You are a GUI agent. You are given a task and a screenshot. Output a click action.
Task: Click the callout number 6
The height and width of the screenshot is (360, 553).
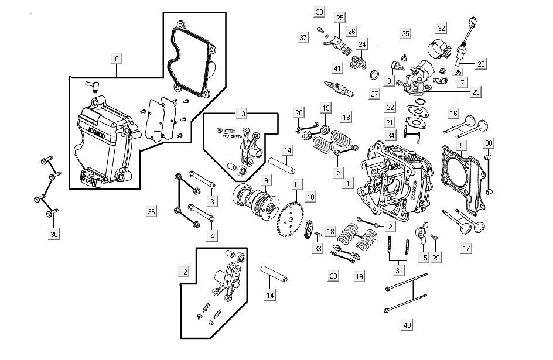point(116,59)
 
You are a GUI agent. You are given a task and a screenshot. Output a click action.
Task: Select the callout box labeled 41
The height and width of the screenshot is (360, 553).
point(337,69)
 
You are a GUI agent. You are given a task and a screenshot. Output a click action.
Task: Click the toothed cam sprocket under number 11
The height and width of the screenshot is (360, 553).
point(290,217)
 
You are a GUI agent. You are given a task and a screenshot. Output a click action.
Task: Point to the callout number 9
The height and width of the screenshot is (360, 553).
point(266,180)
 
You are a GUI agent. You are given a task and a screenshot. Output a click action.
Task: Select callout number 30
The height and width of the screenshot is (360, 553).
point(54,234)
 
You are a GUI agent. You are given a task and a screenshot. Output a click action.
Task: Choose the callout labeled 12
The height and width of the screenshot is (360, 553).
point(184,271)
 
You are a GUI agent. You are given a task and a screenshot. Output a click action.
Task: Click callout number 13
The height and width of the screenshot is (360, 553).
point(242,112)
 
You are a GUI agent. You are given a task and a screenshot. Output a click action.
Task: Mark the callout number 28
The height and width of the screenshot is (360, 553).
point(481,64)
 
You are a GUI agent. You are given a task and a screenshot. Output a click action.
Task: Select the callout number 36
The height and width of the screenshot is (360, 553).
point(151,211)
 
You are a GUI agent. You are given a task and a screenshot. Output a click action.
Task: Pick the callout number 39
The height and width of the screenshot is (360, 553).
point(319,12)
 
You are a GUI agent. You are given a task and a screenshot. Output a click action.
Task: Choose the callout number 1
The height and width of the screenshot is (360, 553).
point(347,183)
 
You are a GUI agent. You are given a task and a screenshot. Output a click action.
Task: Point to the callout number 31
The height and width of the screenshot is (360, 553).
point(399,270)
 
